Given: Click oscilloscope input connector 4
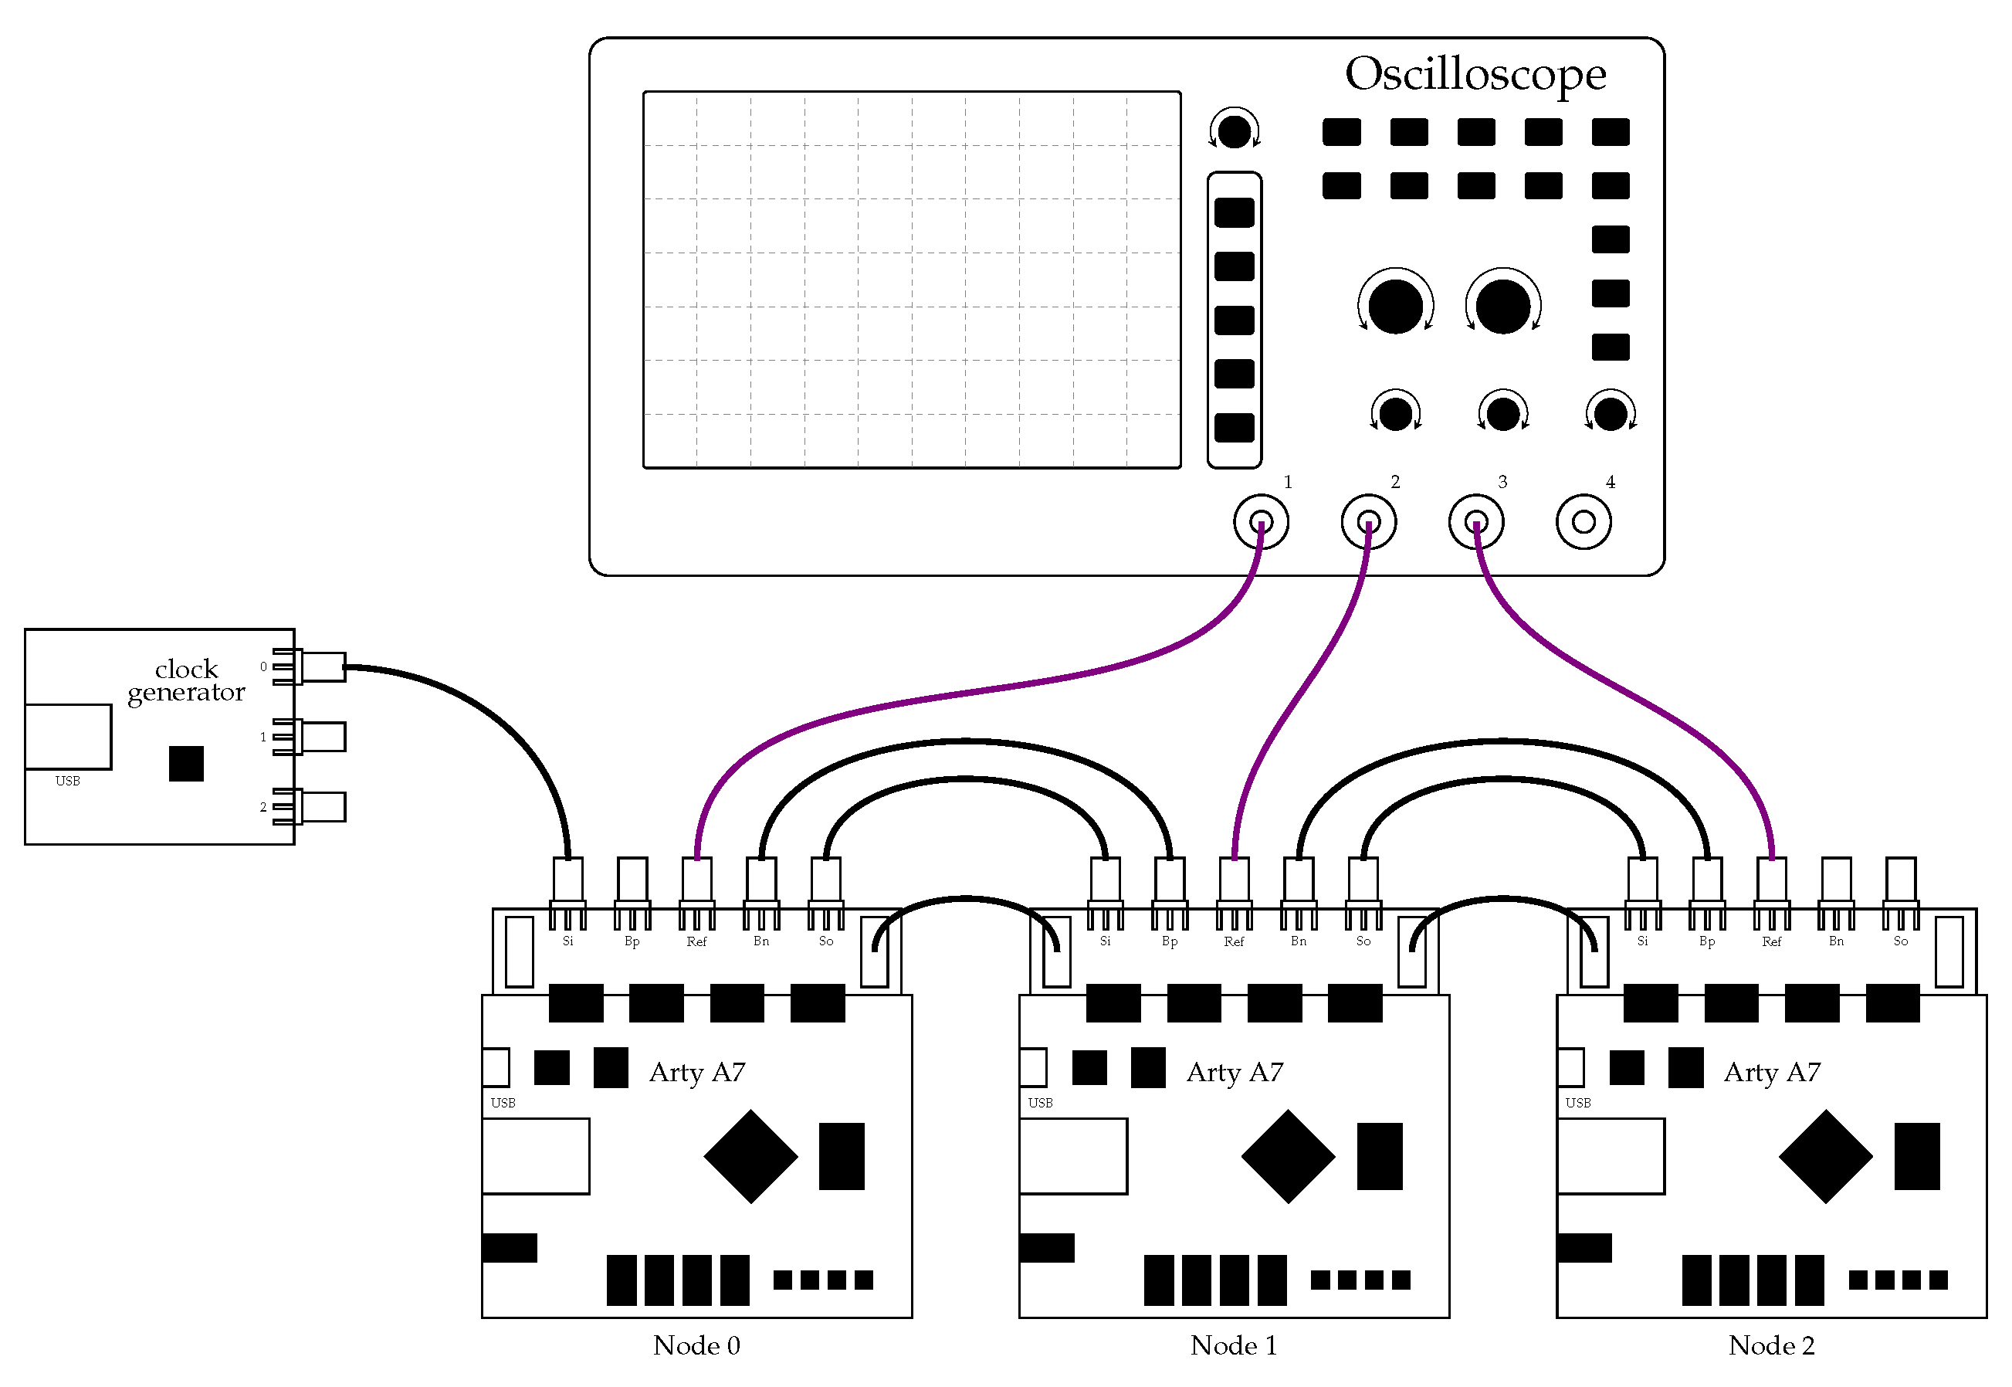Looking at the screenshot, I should (x=1583, y=522).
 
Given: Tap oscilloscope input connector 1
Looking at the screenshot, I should (x=1261, y=522).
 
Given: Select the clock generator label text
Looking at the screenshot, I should (x=186, y=680).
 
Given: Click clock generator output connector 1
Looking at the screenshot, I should (x=321, y=737).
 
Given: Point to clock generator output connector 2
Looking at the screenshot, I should (x=321, y=807).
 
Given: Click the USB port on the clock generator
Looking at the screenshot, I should (x=68, y=737).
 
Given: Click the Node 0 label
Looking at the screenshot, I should (x=696, y=1345).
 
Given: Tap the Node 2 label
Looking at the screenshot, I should (x=1770, y=1345).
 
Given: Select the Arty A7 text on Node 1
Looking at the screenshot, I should (x=1234, y=1073).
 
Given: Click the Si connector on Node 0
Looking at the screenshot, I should (x=567, y=882).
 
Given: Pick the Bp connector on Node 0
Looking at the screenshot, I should (x=632, y=882).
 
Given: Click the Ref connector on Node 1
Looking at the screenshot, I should (x=1234, y=882).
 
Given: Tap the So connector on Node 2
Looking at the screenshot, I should (x=1900, y=882).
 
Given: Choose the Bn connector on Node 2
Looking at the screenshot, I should (x=1836, y=882).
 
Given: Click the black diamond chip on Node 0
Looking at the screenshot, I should (x=750, y=1156).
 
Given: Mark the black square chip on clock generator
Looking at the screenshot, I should (x=186, y=764).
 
